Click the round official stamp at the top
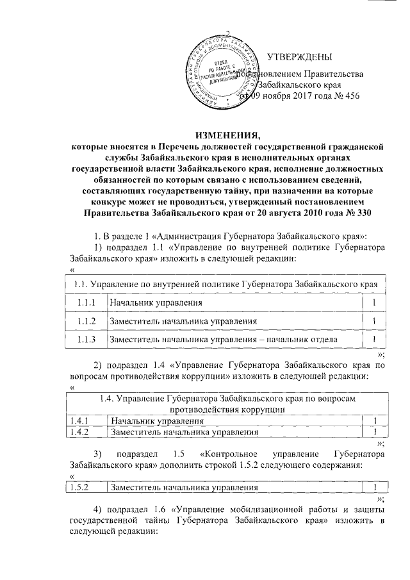coord(222,71)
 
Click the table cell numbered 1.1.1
coord(86,302)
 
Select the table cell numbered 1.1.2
coord(86,320)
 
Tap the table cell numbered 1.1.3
coord(86,339)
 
